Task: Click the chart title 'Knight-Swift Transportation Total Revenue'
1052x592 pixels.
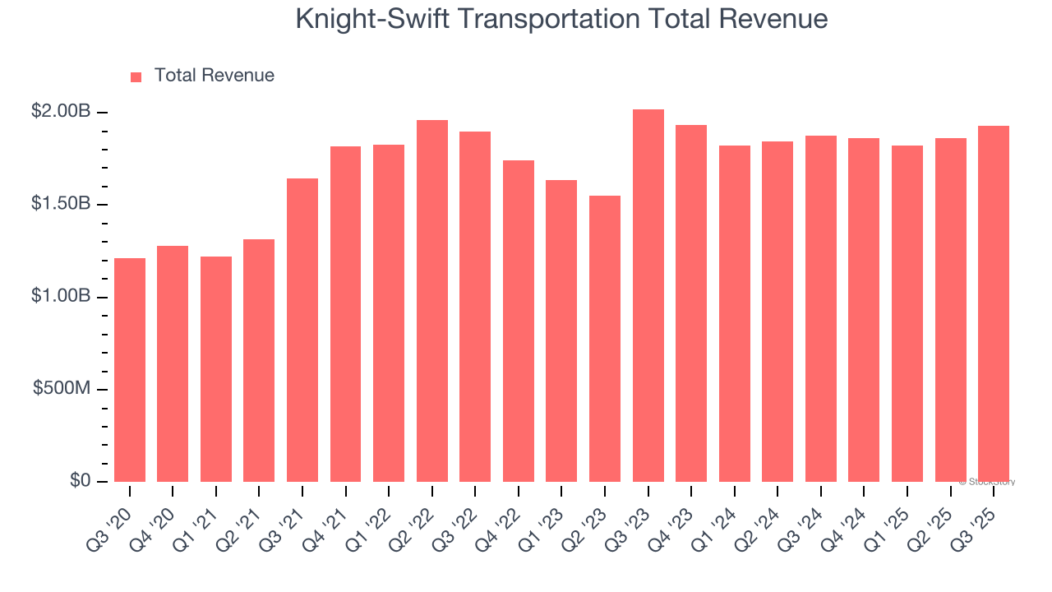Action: pyautogui.click(x=561, y=20)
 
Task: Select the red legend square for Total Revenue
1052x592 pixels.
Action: pyautogui.click(x=136, y=76)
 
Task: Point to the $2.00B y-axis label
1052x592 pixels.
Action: pyautogui.click(x=60, y=111)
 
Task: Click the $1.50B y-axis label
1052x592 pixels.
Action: pyautogui.click(x=60, y=204)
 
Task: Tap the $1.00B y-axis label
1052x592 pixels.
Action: pyautogui.click(x=60, y=296)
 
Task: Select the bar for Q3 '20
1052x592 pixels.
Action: pyautogui.click(x=130, y=370)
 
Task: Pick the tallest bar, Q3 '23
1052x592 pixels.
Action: pyautogui.click(x=648, y=296)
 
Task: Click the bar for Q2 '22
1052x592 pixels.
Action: pyautogui.click(x=432, y=301)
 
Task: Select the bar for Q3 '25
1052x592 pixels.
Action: pyautogui.click(x=993, y=304)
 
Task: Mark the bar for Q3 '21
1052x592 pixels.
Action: pyautogui.click(x=302, y=330)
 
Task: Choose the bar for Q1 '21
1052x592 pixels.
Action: pyautogui.click(x=216, y=369)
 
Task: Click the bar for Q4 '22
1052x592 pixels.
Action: pyautogui.click(x=519, y=321)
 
